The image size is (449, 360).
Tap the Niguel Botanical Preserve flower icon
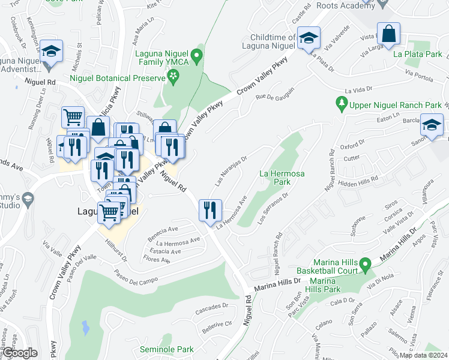point(174,76)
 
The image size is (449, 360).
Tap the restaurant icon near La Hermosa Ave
point(210,210)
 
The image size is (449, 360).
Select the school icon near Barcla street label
point(432,125)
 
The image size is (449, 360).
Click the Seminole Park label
point(166,349)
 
